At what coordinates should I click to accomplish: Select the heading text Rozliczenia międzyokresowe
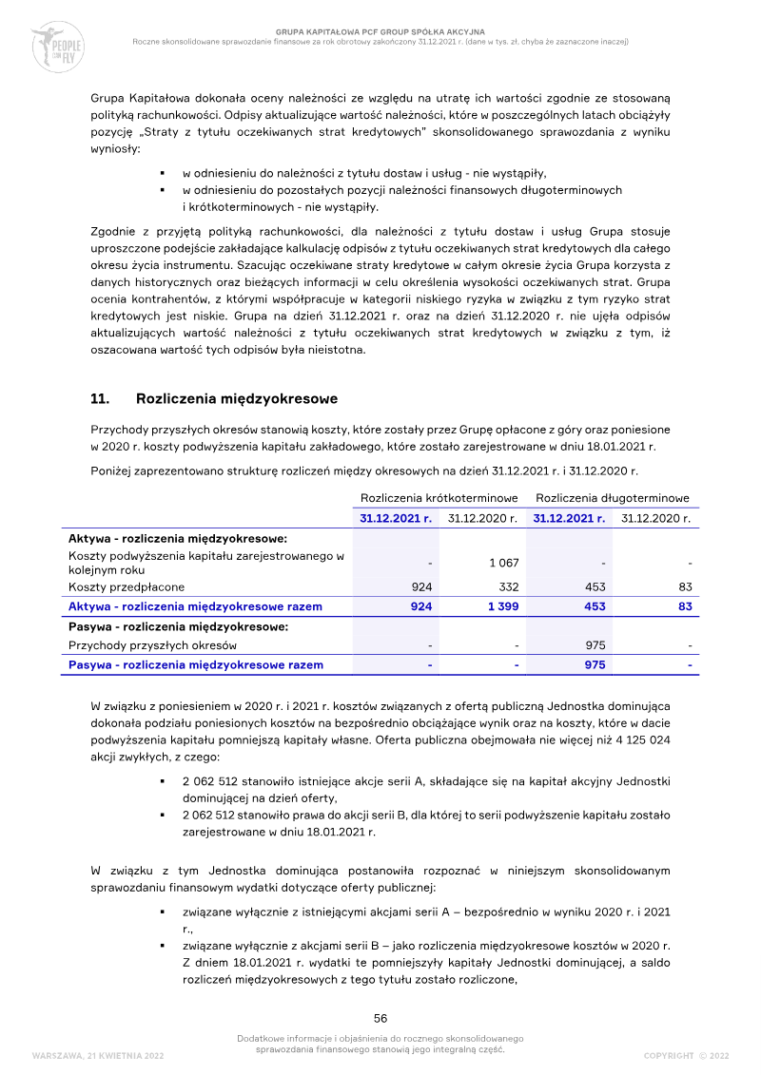point(237,398)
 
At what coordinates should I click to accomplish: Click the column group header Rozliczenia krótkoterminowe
point(439,498)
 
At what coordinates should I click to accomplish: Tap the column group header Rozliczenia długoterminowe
point(613,498)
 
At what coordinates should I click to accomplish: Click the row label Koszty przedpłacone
point(126,587)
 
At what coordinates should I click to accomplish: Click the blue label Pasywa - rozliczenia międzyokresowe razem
point(195,665)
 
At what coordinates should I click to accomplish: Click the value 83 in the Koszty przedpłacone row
point(684,587)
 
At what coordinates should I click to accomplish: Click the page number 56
point(380,1017)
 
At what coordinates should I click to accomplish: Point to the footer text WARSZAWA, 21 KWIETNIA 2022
point(98,1056)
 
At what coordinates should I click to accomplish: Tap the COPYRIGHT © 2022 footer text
point(686,1056)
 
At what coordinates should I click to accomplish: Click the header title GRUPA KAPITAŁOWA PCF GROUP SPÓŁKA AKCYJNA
point(380,31)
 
